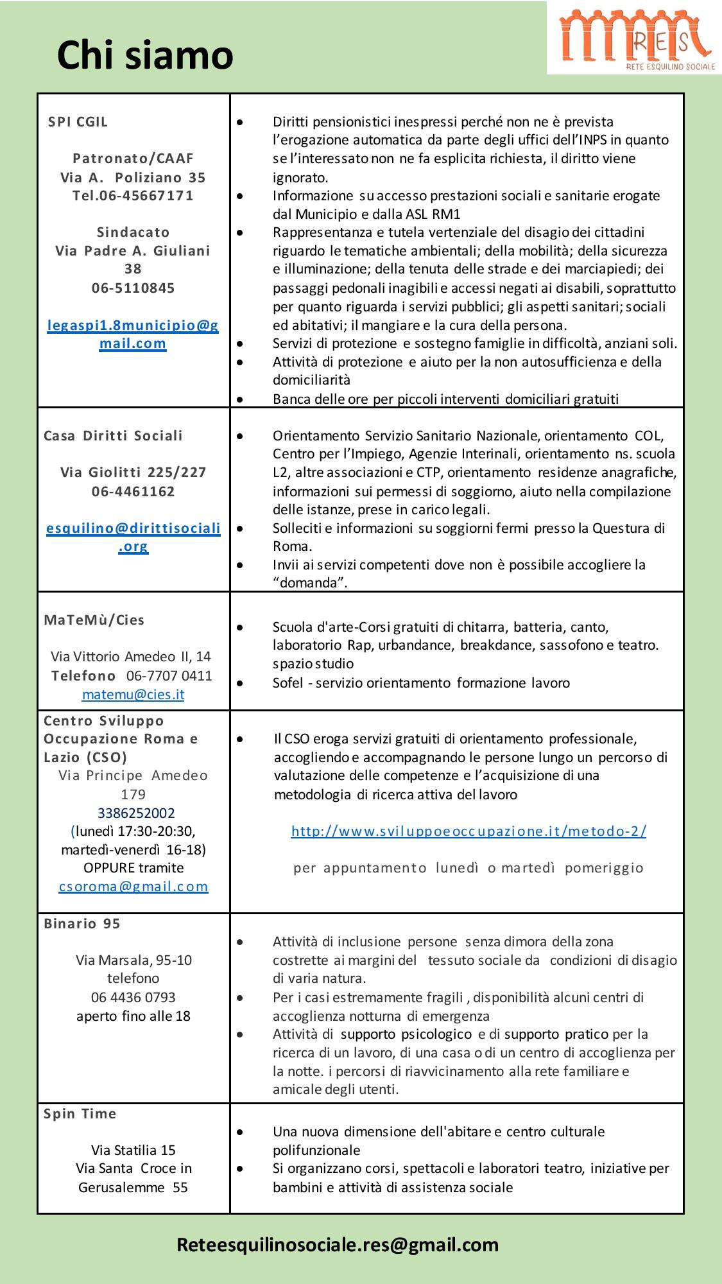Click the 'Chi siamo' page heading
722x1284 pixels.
145,55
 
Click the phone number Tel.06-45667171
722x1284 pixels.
133,195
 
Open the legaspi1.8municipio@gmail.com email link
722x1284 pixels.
133,334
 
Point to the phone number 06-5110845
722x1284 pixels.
133,288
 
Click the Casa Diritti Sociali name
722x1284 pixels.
113,435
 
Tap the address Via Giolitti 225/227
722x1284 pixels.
133,473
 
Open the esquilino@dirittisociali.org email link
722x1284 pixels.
133,537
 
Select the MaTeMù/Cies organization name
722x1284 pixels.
94,620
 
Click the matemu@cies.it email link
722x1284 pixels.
133,694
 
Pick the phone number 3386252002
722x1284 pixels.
136,813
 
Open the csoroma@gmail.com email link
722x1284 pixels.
133,887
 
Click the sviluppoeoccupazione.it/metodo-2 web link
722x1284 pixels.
468,831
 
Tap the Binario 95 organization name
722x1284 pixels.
82,923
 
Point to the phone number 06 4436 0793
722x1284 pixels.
133,997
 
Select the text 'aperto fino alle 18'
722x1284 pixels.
133,1016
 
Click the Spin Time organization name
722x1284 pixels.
80,1113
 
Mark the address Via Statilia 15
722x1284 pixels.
133,1150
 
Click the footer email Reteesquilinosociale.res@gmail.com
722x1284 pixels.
338,1245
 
